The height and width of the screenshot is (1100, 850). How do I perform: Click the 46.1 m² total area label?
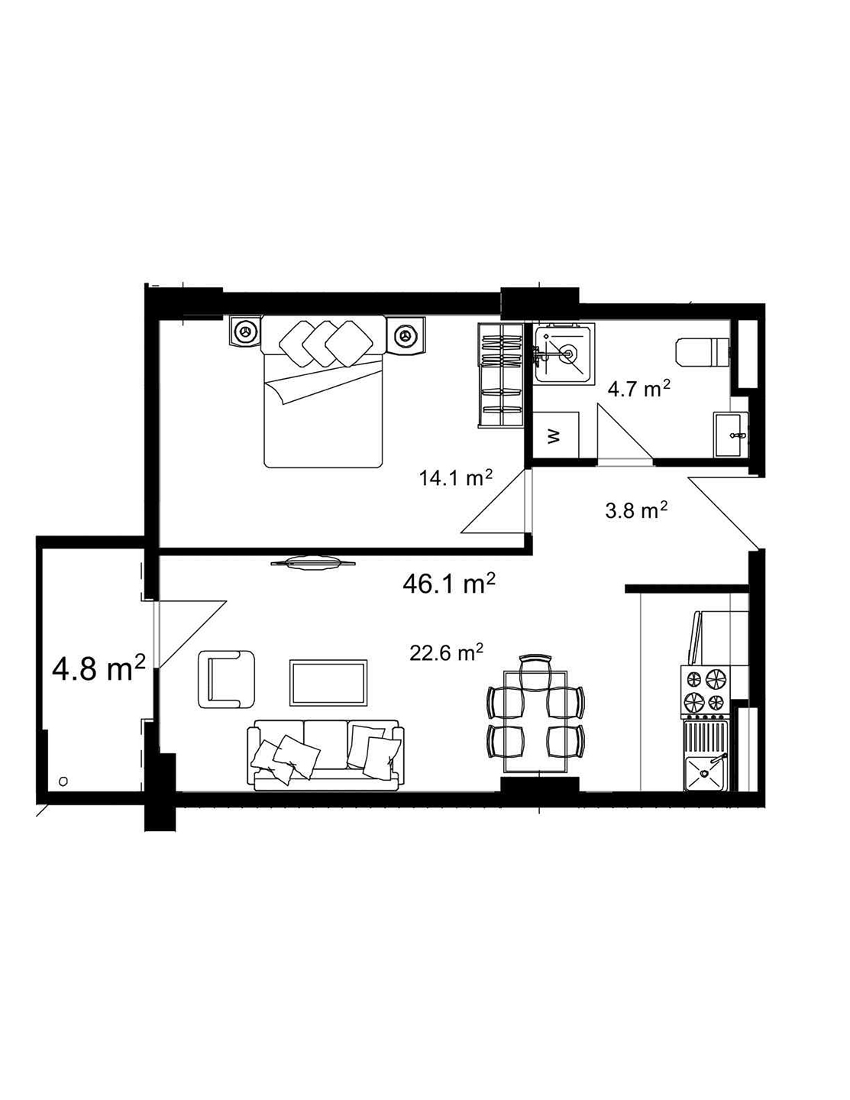pyautogui.click(x=449, y=584)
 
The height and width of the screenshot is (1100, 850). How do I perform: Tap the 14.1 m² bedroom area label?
pyautogui.click(x=455, y=478)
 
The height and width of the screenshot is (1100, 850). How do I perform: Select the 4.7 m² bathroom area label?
pyautogui.click(x=638, y=390)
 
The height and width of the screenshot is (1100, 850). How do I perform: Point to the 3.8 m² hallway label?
pyautogui.click(x=636, y=510)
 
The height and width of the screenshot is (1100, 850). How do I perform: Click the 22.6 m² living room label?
pyautogui.click(x=446, y=653)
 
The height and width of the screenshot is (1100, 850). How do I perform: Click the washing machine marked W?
pyautogui.click(x=556, y=435)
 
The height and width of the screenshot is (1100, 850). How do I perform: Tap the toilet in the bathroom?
pyautogui.click(x=703, y=351)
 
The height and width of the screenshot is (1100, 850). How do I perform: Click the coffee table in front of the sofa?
pyautogui.click(x=329, y=683)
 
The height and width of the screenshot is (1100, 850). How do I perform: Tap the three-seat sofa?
pyautogui.click(x=325, y=754)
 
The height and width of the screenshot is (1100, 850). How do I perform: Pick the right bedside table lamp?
pyautogui.click(x=405, y=334)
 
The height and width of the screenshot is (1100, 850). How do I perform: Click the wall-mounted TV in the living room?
pyautogui.click(x=313, y=563)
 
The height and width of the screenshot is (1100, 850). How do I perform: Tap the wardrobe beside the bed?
pyautogui.click(x=499, y=374)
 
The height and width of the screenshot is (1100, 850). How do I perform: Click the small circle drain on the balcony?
pyautogui.click(x=63, y=781)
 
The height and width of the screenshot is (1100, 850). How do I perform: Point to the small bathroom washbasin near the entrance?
pyautogui.click(x=732, y=435)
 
